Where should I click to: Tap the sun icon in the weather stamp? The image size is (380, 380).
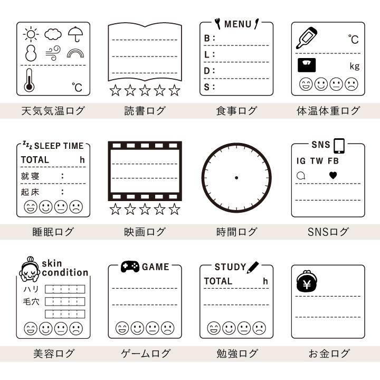[x=31, y=35]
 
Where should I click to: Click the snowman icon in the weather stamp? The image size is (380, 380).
[x=31, y=53]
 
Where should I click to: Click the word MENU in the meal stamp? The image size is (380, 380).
[x=237, y=24]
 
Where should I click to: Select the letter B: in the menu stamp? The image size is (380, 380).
[x=210, y=39]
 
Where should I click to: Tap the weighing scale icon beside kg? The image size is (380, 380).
[x=307, y=65]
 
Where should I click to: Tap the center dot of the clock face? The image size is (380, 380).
[x=236, y=177]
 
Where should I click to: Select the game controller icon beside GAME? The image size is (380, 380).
[x=130, y=267]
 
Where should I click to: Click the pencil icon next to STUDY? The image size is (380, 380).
[x=254, y=267]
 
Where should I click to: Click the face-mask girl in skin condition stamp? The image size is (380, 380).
[x=30, y=268]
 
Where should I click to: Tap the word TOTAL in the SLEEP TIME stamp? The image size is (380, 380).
[x=35, y=160]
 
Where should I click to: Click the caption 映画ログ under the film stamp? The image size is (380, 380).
[x=145, y=232]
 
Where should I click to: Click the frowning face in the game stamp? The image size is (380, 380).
[x=168, y=328]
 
